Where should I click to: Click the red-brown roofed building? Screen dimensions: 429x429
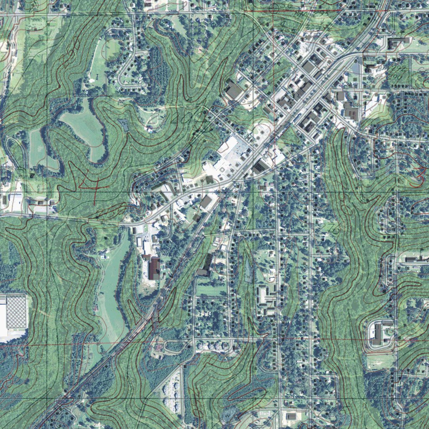click(x=154, y=269)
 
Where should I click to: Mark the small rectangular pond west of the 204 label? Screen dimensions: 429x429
click(x=124, y=124)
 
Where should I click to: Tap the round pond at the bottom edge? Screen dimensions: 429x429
click(x=229, y=415)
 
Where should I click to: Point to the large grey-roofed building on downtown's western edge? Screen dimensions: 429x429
click(x=234, y=90)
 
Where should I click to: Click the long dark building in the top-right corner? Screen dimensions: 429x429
click(x=398, y=42)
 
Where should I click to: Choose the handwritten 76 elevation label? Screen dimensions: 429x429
click(x=334, y=228)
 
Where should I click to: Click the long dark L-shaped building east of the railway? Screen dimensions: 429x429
click(x=206, y=266)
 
